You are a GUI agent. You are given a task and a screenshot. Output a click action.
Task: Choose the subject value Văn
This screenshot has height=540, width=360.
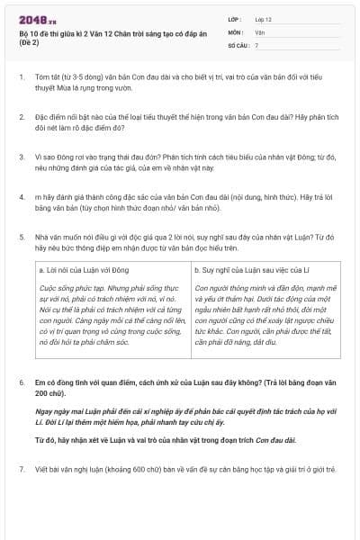pos(259,31)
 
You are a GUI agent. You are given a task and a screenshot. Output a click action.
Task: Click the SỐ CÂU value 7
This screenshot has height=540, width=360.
pos(256,43)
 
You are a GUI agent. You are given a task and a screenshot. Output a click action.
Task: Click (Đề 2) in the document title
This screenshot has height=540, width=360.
pos(30,42)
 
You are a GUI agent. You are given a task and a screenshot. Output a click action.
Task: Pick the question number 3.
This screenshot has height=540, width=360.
pos(22,157)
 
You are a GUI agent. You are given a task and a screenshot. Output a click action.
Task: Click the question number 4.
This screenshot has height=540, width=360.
pos(22,195)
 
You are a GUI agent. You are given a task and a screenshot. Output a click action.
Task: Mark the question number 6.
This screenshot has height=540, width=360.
pos(22,382)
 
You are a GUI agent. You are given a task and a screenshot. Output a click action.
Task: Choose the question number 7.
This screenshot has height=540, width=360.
pos(22,469)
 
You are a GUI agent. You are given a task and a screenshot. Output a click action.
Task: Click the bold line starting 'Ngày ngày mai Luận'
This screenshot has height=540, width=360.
pos(179,415)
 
